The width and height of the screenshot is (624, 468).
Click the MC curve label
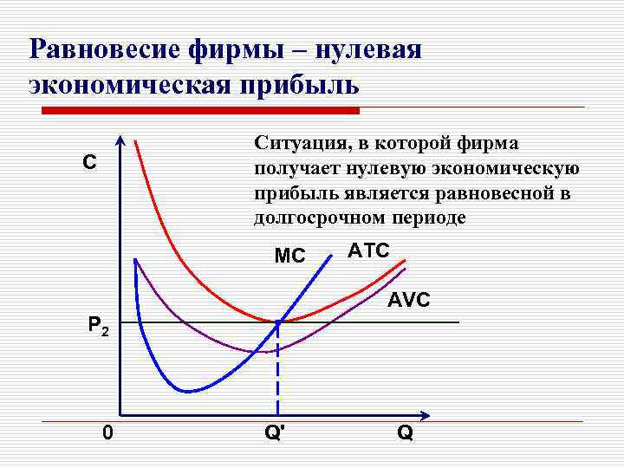click(289, 257)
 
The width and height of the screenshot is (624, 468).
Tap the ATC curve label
click(368, 251)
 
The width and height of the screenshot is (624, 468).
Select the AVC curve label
click(408, 301)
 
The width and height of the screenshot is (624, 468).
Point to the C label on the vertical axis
click(89, 163)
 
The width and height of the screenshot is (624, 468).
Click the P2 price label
click(97, 326)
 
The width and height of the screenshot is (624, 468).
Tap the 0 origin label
click(106, 431)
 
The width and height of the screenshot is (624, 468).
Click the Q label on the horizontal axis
click(405, 432)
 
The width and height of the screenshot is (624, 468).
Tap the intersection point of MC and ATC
click(278, 322)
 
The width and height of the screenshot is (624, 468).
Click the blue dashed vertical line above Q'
click(277, 373)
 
